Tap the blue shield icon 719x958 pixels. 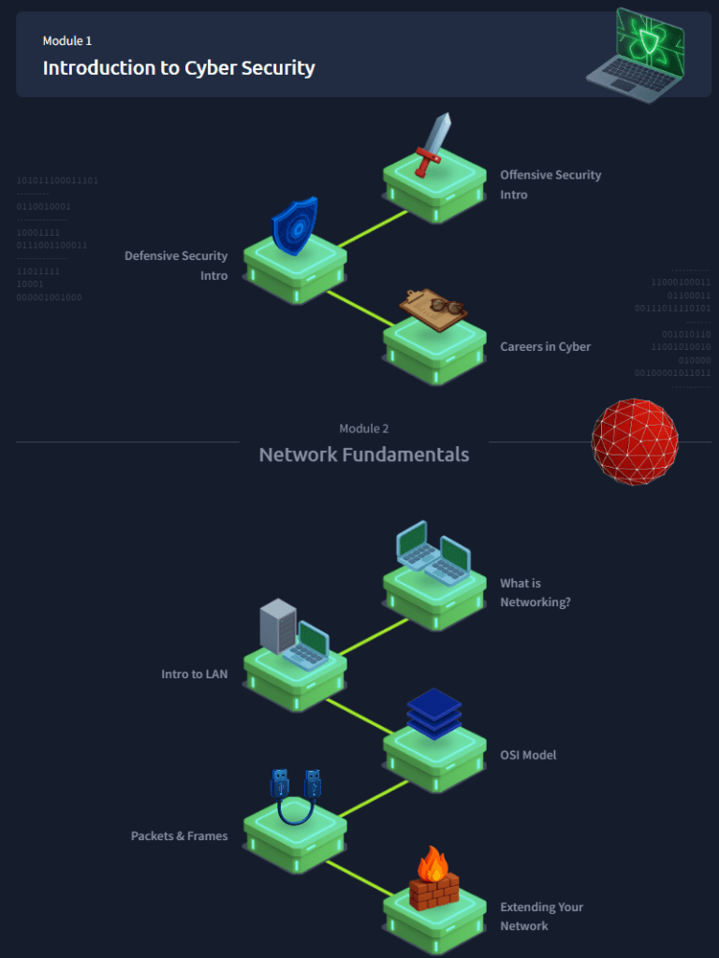coord(294,225)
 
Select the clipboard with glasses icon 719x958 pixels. coord(433,308)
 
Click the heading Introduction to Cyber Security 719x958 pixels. coord(179,68)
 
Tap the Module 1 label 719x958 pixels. coord(67,41)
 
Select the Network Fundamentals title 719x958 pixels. coord(364,455)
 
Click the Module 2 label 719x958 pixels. coord(364,428)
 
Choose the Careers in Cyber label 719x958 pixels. coord(545,347)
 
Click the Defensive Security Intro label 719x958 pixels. coord(176,266)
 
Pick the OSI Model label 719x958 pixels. coord(528,755)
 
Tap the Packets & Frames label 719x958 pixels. coord(179,836)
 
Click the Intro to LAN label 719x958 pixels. coord(194,675)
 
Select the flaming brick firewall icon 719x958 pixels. coord(433,879)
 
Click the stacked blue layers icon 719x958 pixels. coord(434,714)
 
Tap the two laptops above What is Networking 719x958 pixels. coord(433,552)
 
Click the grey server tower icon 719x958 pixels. coord(277,626)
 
